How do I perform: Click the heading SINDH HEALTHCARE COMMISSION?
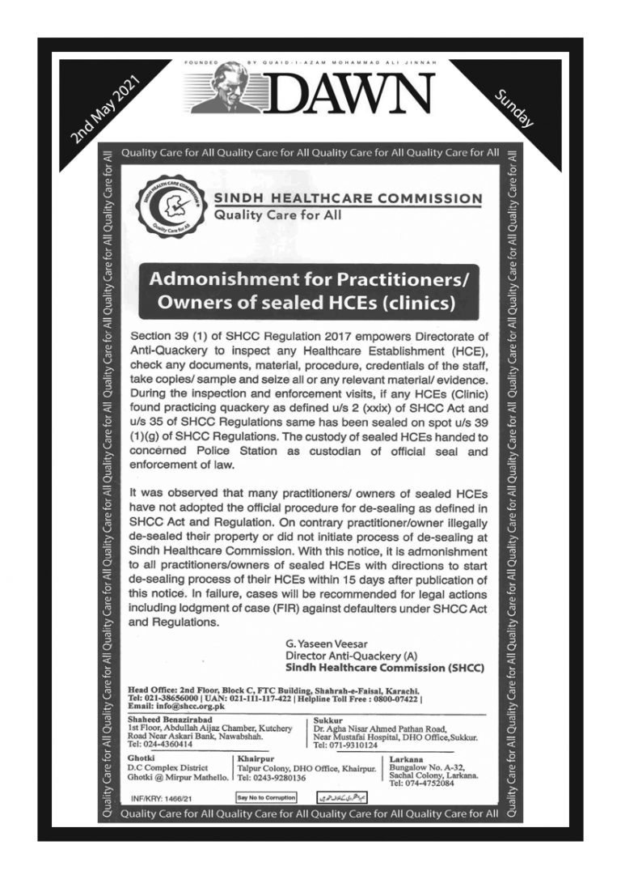[347, 198]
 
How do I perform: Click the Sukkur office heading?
[327, 719]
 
